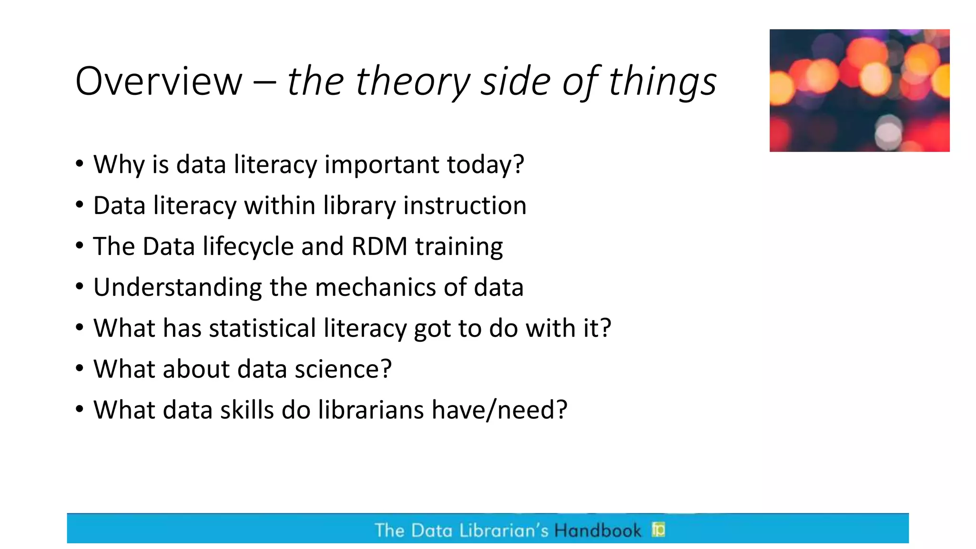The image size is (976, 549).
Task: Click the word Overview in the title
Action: coord(159,81)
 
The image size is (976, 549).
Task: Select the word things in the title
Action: coord(662,81)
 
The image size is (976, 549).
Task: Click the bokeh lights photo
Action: coord(859,91)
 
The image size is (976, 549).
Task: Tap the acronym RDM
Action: coord(379,246)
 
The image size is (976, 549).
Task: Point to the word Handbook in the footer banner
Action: coord(598,530)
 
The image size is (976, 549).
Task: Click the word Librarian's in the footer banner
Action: coord(504,530)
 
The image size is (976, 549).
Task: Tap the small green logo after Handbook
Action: coord(659,529)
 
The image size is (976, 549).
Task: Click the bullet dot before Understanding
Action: coord(80,287)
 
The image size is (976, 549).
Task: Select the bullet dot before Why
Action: coord(80,164)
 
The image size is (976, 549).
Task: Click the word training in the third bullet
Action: coord(459,246)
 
